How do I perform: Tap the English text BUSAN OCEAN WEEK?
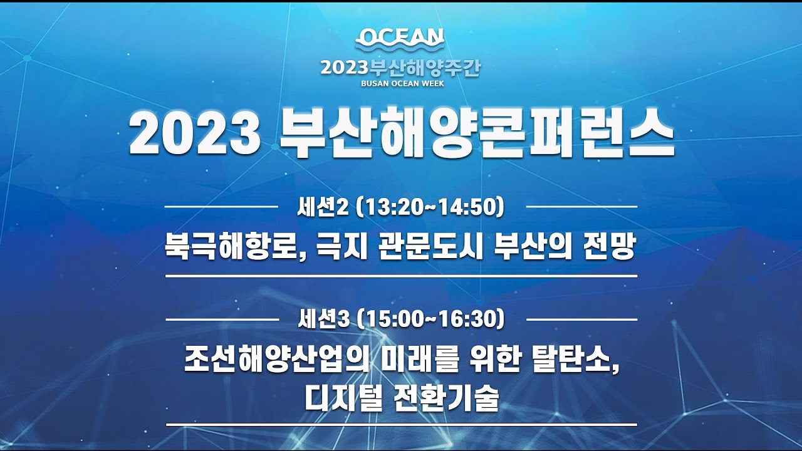coord(402,83)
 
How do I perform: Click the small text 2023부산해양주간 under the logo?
coord(400,68)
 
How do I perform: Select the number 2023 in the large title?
coord(195,135)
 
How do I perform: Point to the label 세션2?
coord(323,207)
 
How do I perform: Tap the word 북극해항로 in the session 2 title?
coord(232,247)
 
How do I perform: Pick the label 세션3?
coord(323,319)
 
